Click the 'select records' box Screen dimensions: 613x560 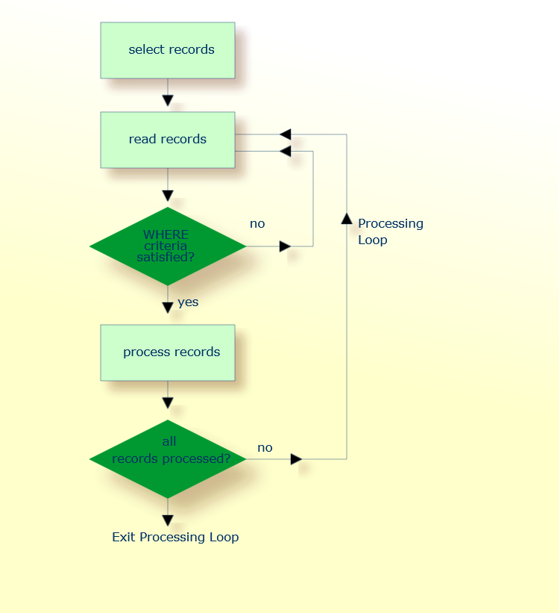[168, 50]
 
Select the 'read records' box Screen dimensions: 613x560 [168, 140]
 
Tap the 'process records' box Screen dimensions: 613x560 [168, 352]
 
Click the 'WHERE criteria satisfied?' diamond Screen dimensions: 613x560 [168, 246]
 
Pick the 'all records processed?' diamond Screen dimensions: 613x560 [168, 459]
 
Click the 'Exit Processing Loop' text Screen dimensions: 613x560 [175, 537]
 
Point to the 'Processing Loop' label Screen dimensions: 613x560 [390, 231]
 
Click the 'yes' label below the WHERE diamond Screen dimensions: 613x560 [188, 302]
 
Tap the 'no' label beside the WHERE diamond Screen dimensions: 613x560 [257, 223]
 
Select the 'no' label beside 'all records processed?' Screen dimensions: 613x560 [265, 448]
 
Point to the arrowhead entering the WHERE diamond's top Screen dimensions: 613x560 [168, 196]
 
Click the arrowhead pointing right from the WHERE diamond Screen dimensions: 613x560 [285, 246]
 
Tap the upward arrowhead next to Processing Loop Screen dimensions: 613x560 [347, 217]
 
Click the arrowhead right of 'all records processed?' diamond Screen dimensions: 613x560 [296, 459]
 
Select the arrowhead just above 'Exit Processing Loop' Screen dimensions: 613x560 [168, 520]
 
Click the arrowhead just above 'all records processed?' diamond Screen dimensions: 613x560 [168, 403]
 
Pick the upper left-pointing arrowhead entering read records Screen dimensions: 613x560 [285, 134]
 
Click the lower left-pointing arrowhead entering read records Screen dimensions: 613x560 [285, 152]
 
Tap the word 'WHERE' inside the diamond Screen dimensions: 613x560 [166, 234]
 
